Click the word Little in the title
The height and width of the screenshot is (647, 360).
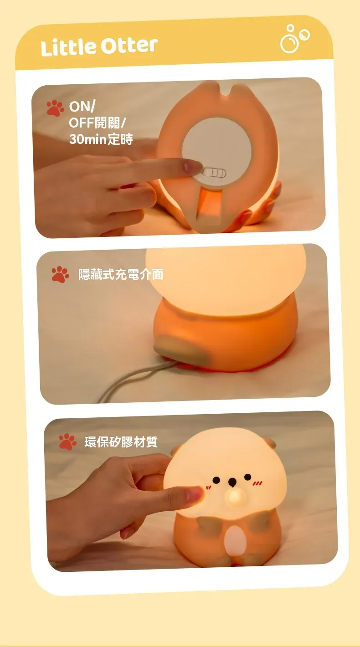tap(68, 47)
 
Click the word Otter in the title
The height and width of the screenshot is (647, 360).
tap(129, 46)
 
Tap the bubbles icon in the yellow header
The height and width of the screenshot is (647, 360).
tap(294, 39)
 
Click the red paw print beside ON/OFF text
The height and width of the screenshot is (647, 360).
tap(55, 108)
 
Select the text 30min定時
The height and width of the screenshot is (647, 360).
tap(101, 139)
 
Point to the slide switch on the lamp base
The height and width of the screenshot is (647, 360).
tap(213, 173)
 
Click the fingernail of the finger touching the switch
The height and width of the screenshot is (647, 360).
tap(193, 167)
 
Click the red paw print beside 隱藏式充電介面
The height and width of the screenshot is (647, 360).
tap(60, 274)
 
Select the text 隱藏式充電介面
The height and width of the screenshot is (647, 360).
tap(121, 274)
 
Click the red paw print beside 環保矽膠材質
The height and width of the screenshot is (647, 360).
tap(67, 442)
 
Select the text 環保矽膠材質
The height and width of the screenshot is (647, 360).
tap(121, 442)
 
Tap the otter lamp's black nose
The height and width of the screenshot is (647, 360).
tap(232, 482)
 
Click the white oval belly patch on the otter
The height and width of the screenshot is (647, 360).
tap(235, 540)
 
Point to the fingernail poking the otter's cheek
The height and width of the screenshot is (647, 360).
tap(195, 494)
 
